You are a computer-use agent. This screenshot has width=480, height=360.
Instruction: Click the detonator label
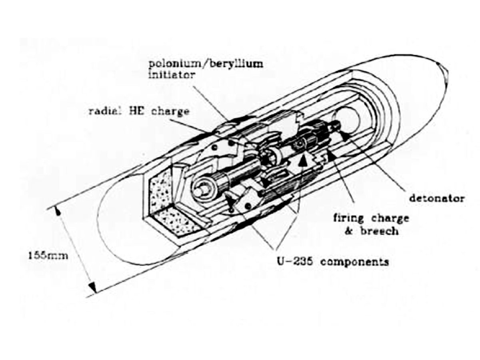437,198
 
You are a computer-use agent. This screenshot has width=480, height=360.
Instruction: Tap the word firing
349,218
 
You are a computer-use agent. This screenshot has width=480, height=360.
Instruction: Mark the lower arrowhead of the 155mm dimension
93,286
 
